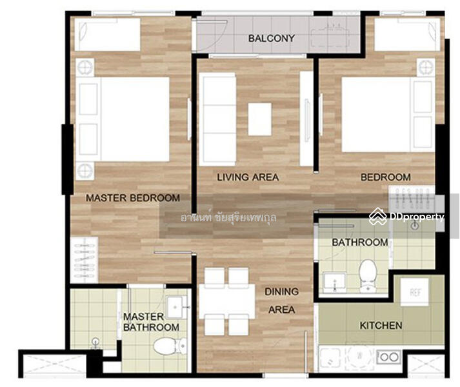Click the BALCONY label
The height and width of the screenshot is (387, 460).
pos(272,39)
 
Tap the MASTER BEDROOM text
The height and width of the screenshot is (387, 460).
pos(133,198)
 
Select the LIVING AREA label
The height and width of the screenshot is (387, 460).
pos(248,177)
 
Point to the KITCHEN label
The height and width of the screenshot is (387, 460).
pos(381,325)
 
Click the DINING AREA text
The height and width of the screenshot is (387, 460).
pos(282,301)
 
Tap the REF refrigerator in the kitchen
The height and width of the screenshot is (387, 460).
pos(415,292)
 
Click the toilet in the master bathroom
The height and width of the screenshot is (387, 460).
pos(170,346)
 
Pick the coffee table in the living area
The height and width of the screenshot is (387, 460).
pos(259,119)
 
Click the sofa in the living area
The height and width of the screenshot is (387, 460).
pos(217,119)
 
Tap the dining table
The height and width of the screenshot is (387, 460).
pos(226,301)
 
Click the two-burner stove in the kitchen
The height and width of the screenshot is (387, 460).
pos(389,357)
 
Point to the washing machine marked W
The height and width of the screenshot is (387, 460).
pos(359,357)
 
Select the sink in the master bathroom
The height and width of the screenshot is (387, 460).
pos(177,307)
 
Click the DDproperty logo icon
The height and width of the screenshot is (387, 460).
pos(378,217)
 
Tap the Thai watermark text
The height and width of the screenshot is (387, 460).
pos(228,217)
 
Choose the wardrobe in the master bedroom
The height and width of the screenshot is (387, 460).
pos(85,260)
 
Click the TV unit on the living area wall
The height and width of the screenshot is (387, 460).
pos(306,119)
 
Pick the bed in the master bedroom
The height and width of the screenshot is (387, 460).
pos(123,119)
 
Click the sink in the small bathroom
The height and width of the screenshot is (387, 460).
pos(334,283)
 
